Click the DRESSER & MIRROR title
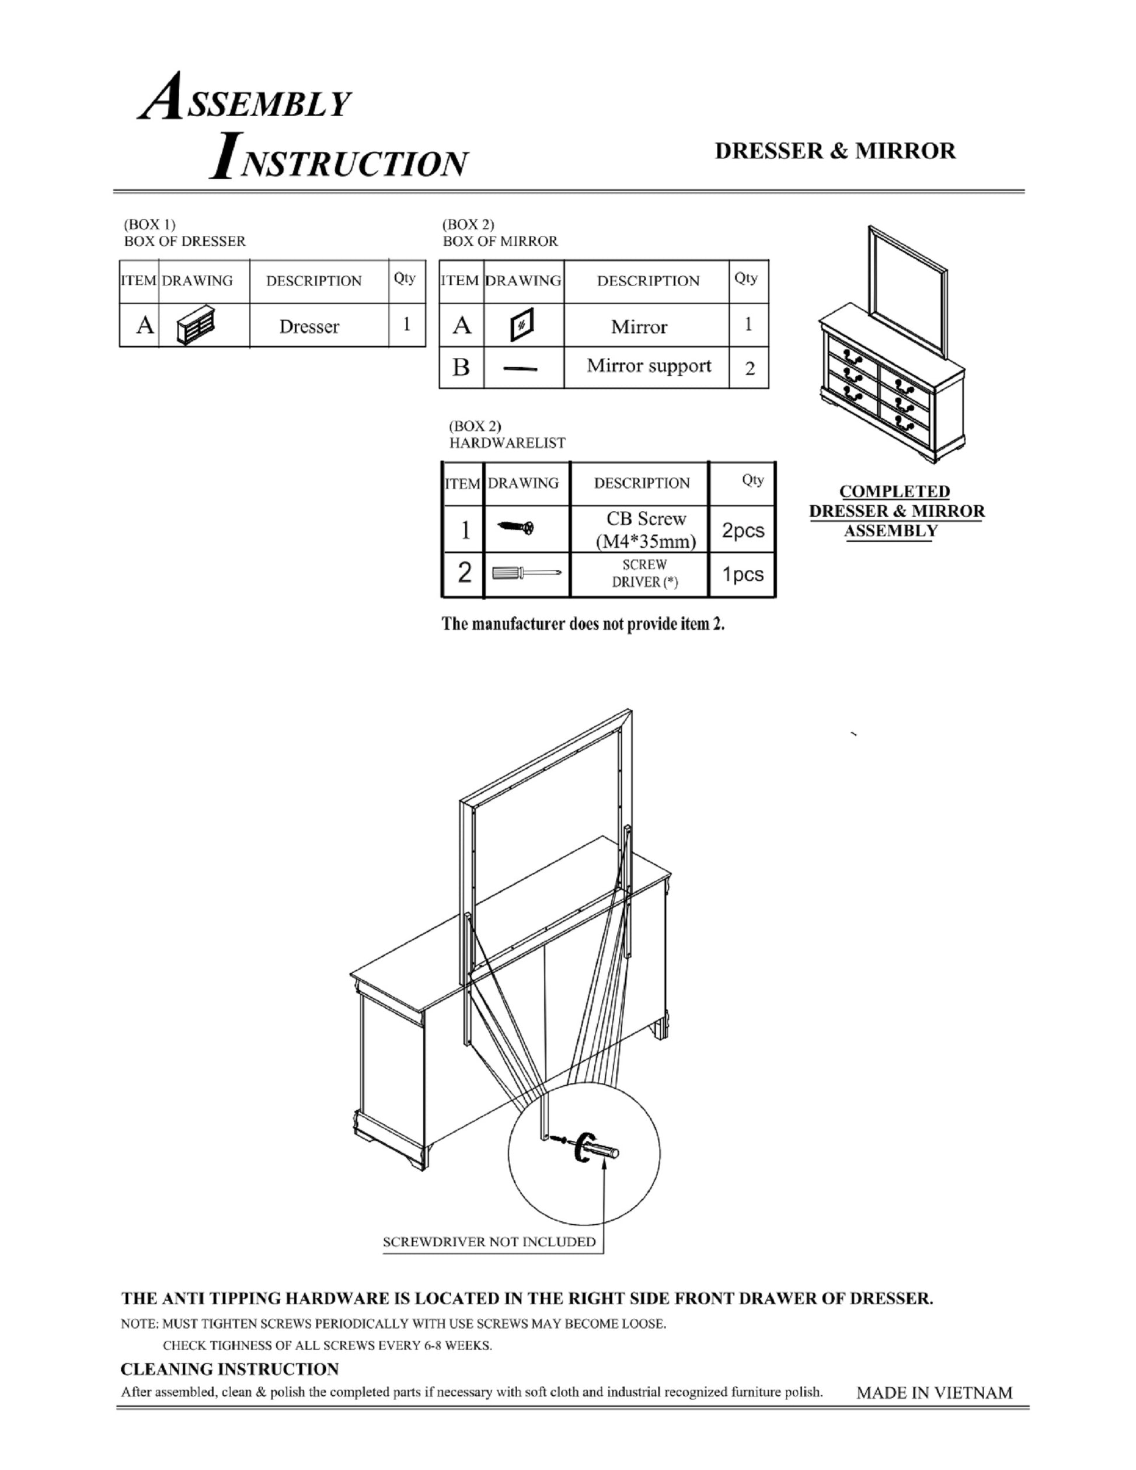point(835,151)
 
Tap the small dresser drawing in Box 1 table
point(196,325)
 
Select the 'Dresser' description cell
point(309,327)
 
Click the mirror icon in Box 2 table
point(522,326)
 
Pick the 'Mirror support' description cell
point(648,366)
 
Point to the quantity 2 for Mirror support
point(749,369)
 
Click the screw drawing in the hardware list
point(516,528)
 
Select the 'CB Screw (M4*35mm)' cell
point(646,530)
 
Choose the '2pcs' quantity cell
point(743,531)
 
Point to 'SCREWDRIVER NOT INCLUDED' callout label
point(489,1242)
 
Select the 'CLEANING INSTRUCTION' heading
point(229,1370)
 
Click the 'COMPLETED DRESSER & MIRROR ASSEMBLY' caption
point(895,511)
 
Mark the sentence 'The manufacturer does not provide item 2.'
point(583,624)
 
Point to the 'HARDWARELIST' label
point(507,443)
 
